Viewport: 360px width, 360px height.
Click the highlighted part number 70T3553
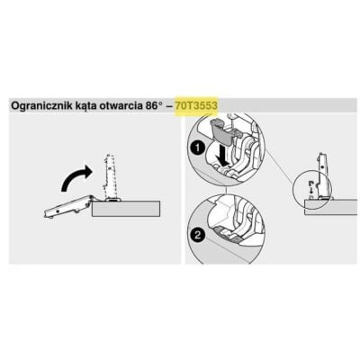coord(196,106)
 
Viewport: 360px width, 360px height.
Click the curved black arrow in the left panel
coord(75,177)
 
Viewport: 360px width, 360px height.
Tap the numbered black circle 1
coord(197,148)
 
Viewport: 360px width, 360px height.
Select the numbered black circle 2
coord(197,235)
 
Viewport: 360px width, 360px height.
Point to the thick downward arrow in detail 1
coord(223,155)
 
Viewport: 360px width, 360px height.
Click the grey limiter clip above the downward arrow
coord(221,131)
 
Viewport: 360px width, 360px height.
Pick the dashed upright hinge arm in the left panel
coord(109,176)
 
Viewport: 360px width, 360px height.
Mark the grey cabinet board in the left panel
coord(126,209)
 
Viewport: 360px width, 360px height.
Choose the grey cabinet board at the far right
coord(331,207)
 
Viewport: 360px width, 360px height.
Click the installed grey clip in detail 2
coord(227,234)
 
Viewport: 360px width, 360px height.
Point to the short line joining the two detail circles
coord(226,188)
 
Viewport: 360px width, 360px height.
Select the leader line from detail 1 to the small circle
coord(279,167)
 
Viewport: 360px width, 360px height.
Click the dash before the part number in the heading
coord(170,106)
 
